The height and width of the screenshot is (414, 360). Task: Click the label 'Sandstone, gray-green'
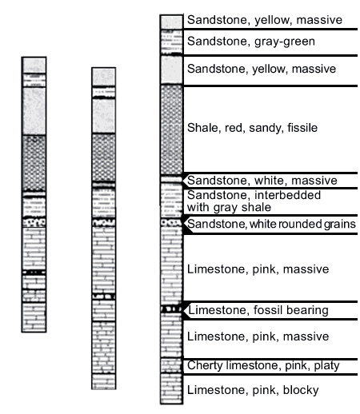click(251, 42)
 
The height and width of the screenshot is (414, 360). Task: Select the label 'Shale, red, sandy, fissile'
click(252, 128)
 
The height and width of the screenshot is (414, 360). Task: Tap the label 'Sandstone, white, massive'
click(262, 181)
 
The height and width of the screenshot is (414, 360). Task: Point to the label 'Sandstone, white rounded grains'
click(271, 224)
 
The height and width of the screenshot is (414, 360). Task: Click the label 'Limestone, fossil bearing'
click(258, 310)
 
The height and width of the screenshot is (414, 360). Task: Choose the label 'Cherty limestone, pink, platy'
click(263, 365)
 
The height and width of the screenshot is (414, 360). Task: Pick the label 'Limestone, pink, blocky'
click(253, 390)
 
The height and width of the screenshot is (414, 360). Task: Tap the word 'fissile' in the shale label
click(302, 128)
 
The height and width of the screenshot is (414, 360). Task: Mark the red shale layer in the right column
click(172, 129)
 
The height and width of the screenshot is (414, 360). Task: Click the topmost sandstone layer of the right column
click(172, 22)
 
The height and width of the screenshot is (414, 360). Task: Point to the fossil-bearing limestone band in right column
click(172, 309)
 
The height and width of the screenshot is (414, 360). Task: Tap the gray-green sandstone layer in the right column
click(172, 42)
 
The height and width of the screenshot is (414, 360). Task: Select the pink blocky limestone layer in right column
click(172, 388)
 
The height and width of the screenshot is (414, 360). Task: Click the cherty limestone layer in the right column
click(172, 366)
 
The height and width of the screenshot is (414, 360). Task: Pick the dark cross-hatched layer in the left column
click(34, 163)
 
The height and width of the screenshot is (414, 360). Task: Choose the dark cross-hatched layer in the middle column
click(104, 157)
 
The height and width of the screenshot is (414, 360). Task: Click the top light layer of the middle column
click(104, 77)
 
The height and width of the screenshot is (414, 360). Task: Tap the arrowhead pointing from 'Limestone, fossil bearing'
click(186, 310)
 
